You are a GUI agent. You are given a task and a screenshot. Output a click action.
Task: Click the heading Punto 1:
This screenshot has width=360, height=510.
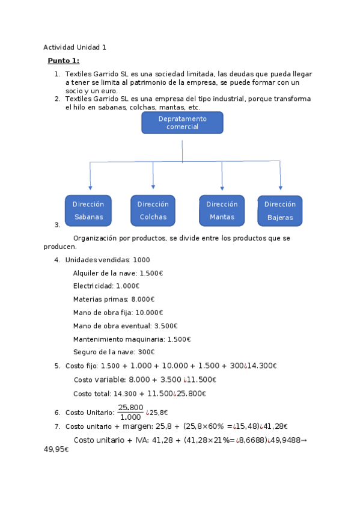(x=63, y=61)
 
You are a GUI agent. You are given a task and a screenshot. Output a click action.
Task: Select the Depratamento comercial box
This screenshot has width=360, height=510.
(x=182, y=123)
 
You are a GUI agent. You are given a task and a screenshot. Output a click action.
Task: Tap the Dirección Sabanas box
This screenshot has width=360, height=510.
(x=88, y=210)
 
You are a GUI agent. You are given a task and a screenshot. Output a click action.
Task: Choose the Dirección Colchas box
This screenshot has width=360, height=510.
(x=153, y=210)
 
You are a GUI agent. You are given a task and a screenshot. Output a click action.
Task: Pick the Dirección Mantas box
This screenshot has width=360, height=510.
(x=222, y=210)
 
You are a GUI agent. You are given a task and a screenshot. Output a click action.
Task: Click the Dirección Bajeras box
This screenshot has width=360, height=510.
(x=279, y=210)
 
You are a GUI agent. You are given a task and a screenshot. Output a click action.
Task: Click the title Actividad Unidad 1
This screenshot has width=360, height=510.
(x=75, y=48)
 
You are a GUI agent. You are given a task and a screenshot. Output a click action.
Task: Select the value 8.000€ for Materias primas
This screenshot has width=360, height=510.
(x=142, y=299)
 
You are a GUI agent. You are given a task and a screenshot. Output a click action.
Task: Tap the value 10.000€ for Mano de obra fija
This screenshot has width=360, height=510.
(x=149, y=313)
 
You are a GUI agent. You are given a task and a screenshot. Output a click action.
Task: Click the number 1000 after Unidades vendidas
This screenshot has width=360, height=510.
(x=142, y=260)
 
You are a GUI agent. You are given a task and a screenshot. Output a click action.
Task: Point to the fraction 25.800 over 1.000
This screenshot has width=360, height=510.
(x=130, y=412)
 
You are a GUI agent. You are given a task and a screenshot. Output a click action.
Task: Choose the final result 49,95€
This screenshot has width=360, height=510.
(x=56, y=449)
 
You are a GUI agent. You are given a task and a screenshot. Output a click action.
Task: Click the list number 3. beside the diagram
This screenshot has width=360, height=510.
(x=57, y=225)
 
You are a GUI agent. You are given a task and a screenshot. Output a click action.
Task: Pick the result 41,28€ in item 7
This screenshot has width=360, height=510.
(x=277, y=426)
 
